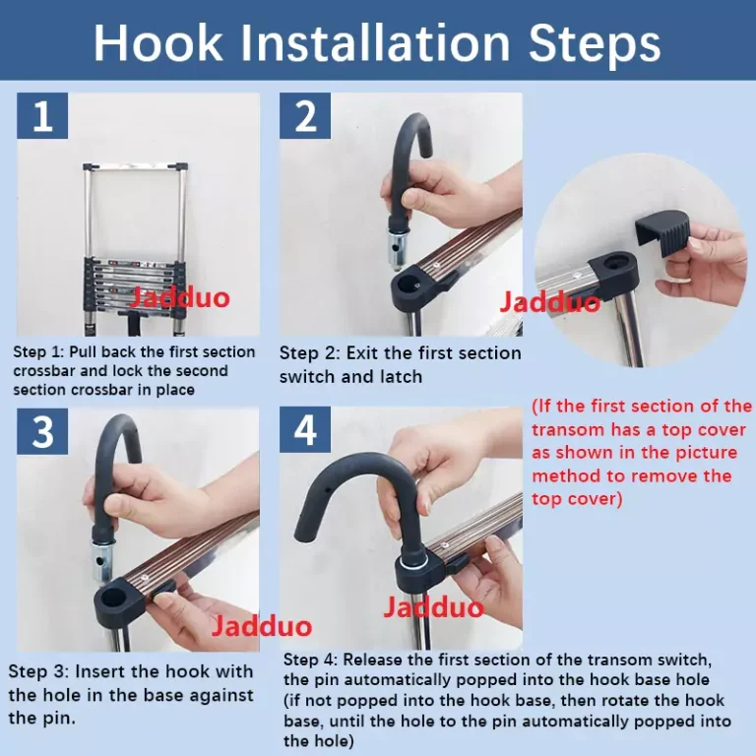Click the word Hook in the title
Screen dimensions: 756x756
tap(158, 42)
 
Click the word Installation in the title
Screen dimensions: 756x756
tap(376, 42)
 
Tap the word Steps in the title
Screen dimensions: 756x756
tap(595, 43)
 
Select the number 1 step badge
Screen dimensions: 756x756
tap(42, 116)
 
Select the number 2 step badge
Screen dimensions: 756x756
tap(305, 116)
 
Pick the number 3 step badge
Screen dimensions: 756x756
tap(42, 431)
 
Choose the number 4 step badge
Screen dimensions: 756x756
tap(305, 430)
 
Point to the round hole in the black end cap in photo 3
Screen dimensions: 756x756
tap(114, 598)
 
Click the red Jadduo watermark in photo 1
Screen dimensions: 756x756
tap(179, 297)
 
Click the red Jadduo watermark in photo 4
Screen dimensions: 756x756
tap(433, 607)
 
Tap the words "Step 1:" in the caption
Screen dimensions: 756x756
tap(38, 352)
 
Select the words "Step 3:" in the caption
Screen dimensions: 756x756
tap(37, 671)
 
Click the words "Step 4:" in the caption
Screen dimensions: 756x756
tap(310, 660)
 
